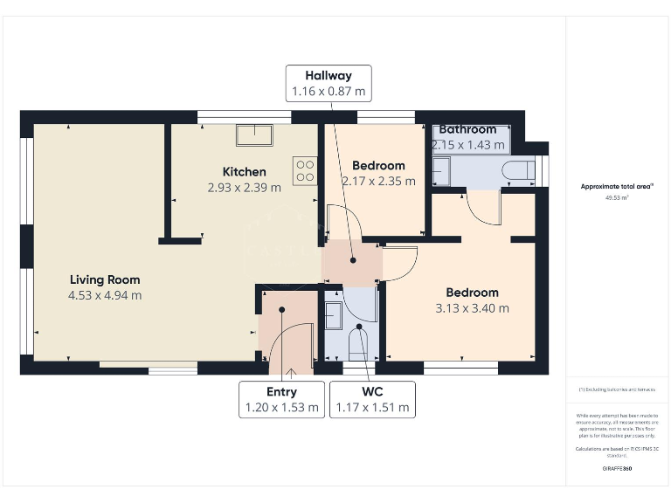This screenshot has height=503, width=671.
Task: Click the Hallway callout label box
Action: pos(329,83)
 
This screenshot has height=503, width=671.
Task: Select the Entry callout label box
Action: pos(281,399)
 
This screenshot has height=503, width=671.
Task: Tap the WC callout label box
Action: pos(371,399)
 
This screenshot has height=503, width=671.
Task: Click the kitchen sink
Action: pos(255,134)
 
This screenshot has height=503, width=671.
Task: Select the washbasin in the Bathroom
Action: pos(441,171)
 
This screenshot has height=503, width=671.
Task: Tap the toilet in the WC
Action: pos(360,344)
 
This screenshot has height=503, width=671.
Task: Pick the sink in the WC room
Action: pos(333,313)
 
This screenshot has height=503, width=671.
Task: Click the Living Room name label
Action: pos(105,279)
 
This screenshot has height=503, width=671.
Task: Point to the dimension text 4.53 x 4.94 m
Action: pos(105,295)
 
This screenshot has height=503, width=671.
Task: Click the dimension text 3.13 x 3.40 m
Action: pos(472,307)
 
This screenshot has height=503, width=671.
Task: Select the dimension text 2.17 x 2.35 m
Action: pos(378,181)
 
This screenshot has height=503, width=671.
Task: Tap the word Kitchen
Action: pos(244,171)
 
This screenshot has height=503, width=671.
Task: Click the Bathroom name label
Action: pos(467,129)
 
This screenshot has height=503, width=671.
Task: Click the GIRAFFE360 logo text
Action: pos(617,469)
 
